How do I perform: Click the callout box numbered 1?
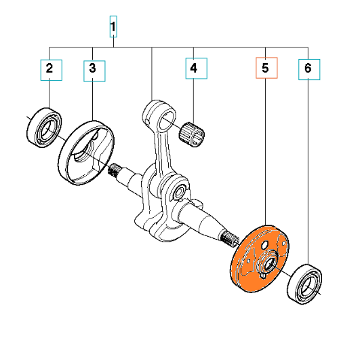click(x=113, y=26)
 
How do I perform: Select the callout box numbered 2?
click(x=51, y=70)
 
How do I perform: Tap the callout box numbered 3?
click(x=94, y=71)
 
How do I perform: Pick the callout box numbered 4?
click(x=196, y=69)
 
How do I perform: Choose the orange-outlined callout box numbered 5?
click(x=266, y=68)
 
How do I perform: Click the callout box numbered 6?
click(x=309, y=69)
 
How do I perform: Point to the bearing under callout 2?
click(x=44, y=127)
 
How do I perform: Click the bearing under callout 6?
click(x=304, y=284)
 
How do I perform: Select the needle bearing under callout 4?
click(x=192, y=134)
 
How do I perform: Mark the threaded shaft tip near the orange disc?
click(x=230, y=238)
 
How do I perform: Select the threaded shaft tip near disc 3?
click(x=115, y=170)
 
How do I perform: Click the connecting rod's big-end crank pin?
click(x=178, y=191)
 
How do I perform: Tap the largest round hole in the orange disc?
click(x=265, y=245)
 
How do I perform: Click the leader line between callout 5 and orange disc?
click(x=265, y=151)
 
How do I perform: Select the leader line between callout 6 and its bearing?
click(x=308, y=172)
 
